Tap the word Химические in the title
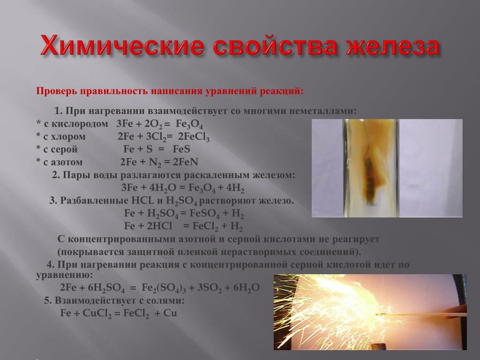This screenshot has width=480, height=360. [x=122, y=46]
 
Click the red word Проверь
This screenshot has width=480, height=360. [x=57, y=91]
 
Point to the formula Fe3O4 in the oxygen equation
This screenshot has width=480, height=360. [x=189, y=124]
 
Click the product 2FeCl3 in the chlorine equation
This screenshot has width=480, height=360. [x=194, y=137]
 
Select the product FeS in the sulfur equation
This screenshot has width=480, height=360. [x=181, y=149]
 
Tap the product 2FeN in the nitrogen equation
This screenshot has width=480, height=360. [x=186, y=162]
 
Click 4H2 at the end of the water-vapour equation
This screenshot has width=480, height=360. [x=235, y=188]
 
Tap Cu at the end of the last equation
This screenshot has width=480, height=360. [x=170, y=313]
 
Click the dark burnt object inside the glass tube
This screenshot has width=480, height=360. [x=369, y=178]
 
